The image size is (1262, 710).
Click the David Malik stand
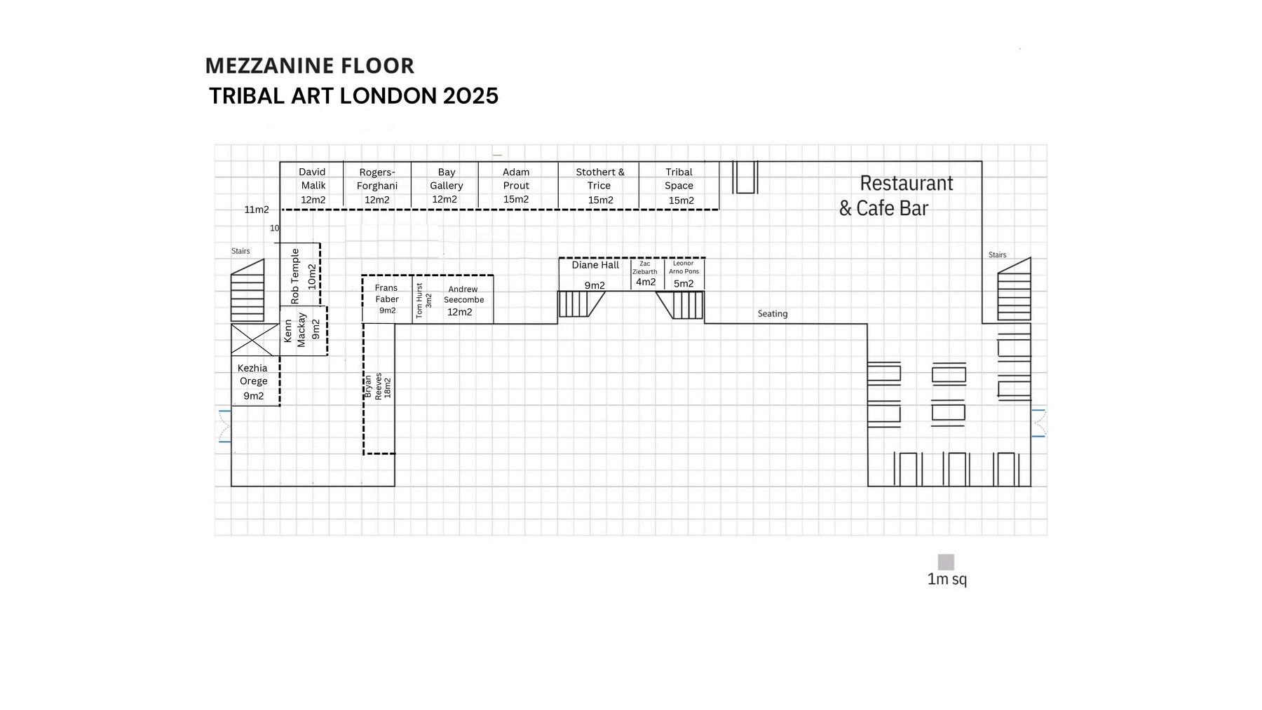pos(312,186)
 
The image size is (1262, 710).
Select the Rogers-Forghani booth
pos(377,186)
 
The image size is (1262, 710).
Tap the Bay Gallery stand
pos(445,186)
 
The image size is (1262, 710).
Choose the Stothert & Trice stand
pos(599,186)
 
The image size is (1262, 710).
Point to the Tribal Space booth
pos(679,186)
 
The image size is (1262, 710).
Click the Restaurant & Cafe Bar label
pos(895,196)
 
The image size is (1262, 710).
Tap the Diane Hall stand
pos(595,274)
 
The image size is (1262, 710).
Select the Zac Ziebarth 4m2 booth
pos(646,274)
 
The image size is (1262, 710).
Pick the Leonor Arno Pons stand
pos(684,274)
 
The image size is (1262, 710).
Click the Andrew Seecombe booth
pos(462,301)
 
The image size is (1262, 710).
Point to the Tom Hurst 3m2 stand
pos(422,301)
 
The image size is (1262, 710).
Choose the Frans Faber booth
pos(387,299)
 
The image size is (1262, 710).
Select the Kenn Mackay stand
pos(303,330)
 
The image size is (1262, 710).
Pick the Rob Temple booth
pos(300,275)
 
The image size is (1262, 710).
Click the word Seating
pos(772,314)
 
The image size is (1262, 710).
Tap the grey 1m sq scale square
pos(946,562)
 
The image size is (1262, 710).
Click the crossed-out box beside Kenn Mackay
pos(255,340)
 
